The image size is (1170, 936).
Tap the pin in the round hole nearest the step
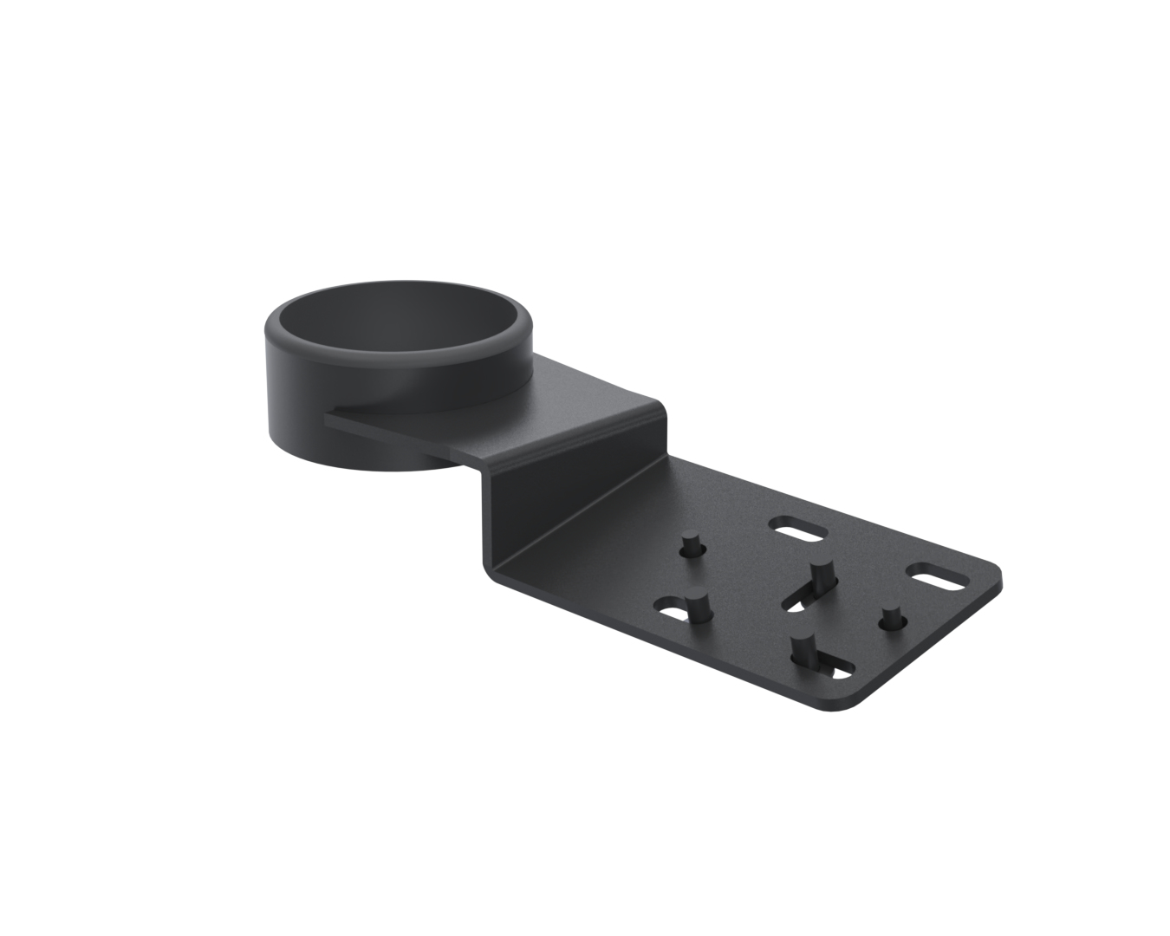(x=692, y=547)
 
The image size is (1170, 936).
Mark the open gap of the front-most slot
(x=837, y=669)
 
